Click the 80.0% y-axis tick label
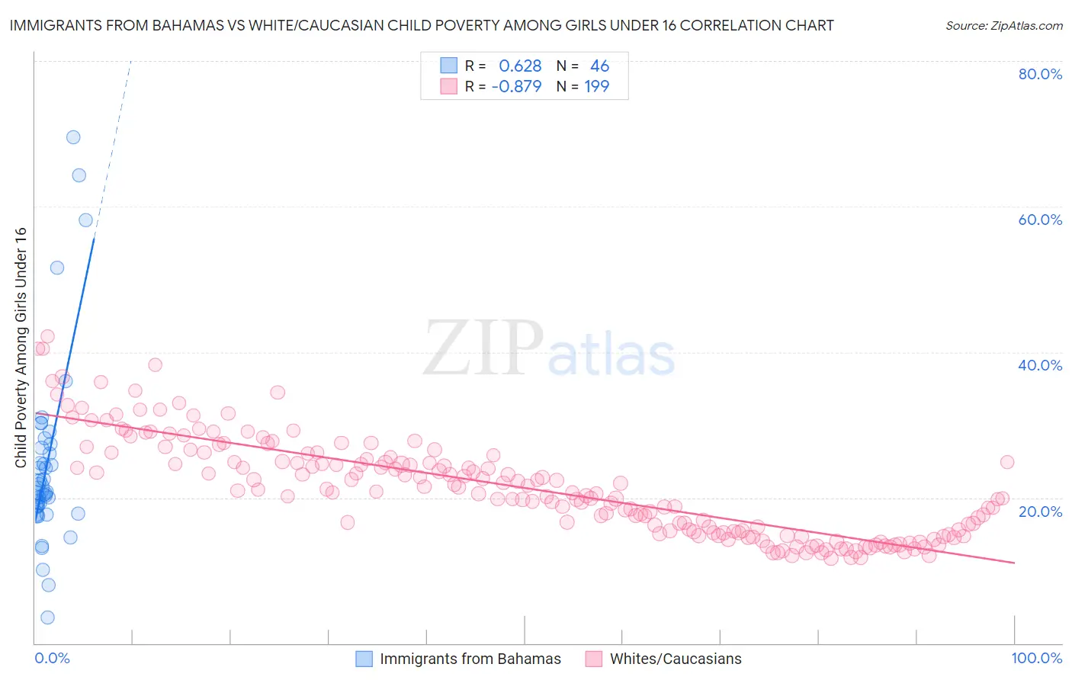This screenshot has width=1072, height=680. [1040, 74]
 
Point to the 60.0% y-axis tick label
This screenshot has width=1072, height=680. [1040, 220]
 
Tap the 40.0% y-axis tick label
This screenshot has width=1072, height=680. [1040, 365]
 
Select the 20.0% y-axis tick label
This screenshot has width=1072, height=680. [1040, 512]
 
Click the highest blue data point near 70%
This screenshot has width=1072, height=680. [73, 137]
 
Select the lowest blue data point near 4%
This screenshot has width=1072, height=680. [47, 617]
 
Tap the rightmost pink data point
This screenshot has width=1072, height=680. [1007, 462]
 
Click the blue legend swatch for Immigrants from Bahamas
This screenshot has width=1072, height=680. [364, 659]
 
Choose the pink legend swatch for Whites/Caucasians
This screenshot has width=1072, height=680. [594, 659]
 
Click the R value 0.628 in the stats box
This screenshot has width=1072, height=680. [520, 66]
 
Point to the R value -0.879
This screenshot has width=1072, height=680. [516, 86]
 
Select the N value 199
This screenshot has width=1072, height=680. [597, 86]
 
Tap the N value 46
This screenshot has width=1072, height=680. [600, 66]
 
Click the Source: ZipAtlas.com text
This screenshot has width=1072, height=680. [1004, 25]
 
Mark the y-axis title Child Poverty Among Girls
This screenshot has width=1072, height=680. [21, 348]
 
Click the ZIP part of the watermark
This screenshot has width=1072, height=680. [483, 348]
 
